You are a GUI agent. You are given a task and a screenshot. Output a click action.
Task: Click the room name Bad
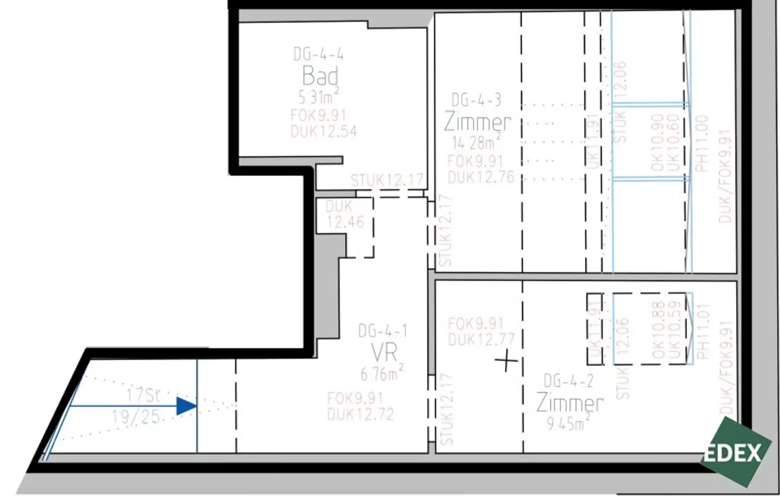click(x=320, y=76)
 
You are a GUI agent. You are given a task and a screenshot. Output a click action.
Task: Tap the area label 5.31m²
click(x=318, y=96)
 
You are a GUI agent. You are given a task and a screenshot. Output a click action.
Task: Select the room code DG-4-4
click(x=318, y=54)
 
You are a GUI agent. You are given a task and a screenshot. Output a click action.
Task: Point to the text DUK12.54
click(x=323, y=131)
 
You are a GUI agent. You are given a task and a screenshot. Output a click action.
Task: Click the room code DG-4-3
click(x=476, y=100)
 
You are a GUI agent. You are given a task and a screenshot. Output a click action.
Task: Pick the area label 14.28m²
click(x=476, y=142)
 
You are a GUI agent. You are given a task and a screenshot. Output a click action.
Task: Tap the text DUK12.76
click(x=480, y=177)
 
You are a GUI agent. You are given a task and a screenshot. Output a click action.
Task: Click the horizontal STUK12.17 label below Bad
click(x=386, y=180)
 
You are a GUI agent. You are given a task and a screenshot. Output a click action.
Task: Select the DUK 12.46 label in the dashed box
click(x=345, y=214)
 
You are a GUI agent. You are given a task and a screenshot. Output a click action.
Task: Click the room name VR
click(x=384, y=352)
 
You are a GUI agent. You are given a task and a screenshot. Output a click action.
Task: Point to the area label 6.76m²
click(x=382, y=373)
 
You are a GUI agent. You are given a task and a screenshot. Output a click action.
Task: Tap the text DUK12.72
click(x=360, y=414)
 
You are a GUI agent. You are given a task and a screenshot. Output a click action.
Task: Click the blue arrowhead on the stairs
click(x=186, y=406)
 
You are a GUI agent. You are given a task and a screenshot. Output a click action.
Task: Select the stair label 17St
click(x=143, y=395)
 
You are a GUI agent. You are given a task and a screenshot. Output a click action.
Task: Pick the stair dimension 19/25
click(x=136, y=417)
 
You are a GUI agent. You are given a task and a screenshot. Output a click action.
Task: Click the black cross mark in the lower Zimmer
click(x=507, y=361)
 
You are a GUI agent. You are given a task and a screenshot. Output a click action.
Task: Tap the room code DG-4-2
click(x=568, y=381)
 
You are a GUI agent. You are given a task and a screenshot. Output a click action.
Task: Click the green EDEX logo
click(x=734, y=452)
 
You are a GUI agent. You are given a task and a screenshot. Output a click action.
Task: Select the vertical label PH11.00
click(x=701, y=144)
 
